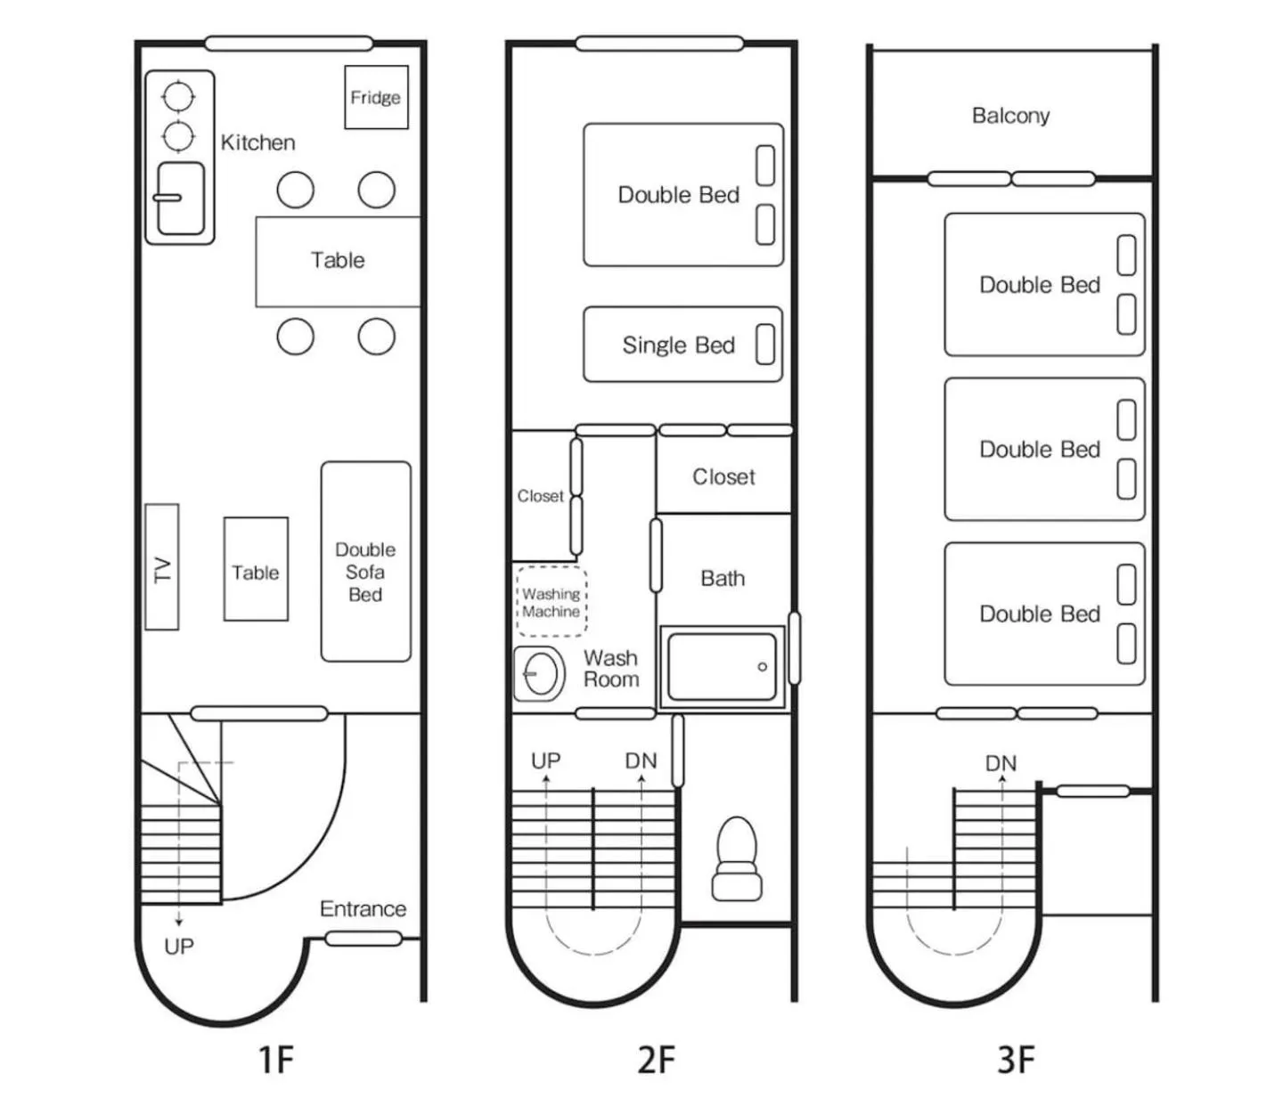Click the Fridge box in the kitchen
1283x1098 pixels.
coord(376,97)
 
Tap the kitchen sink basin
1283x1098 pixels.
coord(181,199)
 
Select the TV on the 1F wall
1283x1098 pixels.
coord(162,567)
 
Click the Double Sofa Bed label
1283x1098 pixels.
coord(365,572)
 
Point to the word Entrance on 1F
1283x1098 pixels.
coord(363,909)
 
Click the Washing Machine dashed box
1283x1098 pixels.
coord(551,602)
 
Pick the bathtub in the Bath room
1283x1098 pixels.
coord(722,667)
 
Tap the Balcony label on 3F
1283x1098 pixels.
coord(1010,116)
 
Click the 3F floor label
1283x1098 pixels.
coord(1016,1060)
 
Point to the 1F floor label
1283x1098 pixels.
coord(275,1060)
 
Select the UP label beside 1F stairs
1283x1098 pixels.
coord(178,947)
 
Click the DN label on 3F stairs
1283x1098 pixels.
coord(1001,763)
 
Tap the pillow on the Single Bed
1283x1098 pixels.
coord(764,345)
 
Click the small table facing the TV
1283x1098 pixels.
coord(256,569)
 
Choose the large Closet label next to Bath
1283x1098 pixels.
coord(723,477)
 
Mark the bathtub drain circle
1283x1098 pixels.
coord(762,667)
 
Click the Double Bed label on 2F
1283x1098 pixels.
coord(678,195)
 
